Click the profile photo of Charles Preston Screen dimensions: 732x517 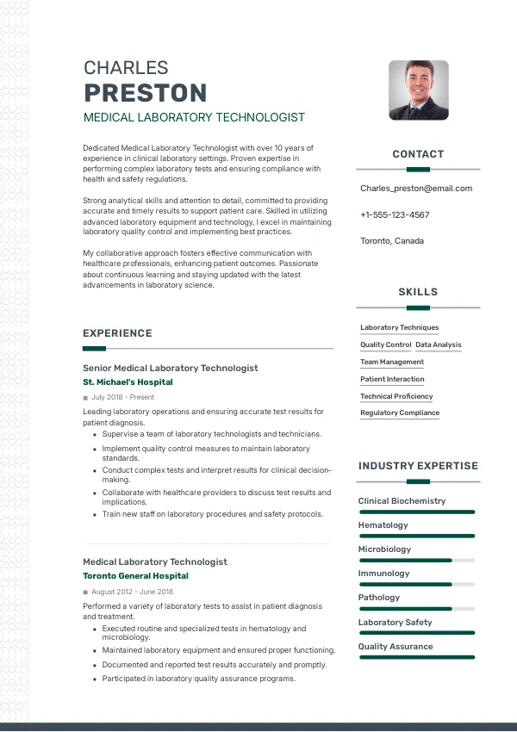click(418, 90)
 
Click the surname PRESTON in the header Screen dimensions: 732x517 click(145, 93)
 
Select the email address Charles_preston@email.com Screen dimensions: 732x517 click(416, 189)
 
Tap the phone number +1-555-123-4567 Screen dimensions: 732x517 click(395, 214)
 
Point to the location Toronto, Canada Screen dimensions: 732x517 click(392, 241)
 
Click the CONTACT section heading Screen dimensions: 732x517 click(418, 154)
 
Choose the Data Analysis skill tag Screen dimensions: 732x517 click(439, 344)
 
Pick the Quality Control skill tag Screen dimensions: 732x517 click(385, 344)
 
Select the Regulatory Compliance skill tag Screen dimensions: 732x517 click(400, 413)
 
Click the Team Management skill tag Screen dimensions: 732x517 click(392, 362)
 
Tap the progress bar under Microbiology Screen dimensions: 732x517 click(417, 561)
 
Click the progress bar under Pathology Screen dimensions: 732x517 click(417, 609)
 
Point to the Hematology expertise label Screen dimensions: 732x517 click(383, 525)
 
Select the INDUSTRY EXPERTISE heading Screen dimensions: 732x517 click(418, 466)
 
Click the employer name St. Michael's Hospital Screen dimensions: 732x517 click(128, 382)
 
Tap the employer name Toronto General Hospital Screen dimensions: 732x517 click(135, 575)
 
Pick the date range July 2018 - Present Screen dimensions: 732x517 click(122, 397)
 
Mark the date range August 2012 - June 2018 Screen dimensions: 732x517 click(132, 592)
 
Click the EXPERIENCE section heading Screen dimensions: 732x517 click(117, 333)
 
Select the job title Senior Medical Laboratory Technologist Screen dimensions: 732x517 click(170, 368)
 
